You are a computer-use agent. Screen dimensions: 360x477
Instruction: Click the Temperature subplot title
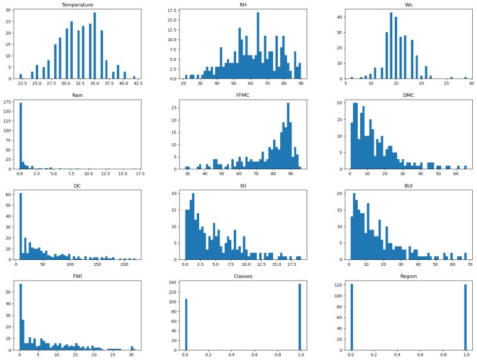(x=77, y=4)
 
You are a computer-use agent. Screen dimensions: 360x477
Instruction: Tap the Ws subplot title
(x=407, y=4)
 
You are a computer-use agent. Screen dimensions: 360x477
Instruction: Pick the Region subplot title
(x=407, y=276)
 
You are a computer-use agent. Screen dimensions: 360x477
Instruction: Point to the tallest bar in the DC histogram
(x=21, y=226)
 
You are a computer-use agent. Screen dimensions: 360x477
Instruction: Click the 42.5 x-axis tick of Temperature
(x=138, y=84)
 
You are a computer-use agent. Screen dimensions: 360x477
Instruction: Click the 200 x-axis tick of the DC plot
(x=123, y=265)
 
